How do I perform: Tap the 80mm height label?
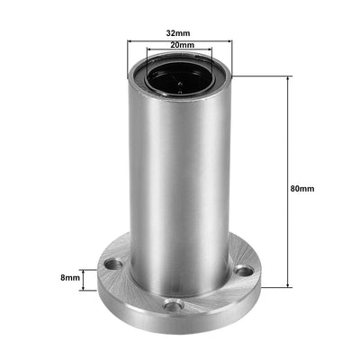click(x=303, y=189)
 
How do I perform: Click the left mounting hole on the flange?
click(x=111, y=265)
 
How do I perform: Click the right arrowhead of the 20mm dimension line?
click(x=211, y=50)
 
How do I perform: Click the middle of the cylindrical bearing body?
click(x=179, y=180)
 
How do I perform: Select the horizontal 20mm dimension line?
click(x=179, y=50)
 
